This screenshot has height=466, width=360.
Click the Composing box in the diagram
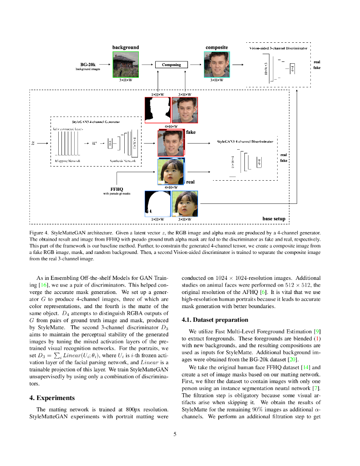(x=171, y=65)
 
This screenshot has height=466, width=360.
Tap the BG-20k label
(x=87, y=65)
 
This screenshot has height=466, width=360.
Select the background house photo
(x=126, y=64)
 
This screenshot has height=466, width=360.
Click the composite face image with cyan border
(x=217, y=64)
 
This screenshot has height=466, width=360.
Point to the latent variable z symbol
(x=32, y=143)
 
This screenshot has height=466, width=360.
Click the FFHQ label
(x=117, y=189)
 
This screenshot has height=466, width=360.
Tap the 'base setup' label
(x=274, y=219)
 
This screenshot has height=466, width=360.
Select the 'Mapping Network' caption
(x=67, y=161)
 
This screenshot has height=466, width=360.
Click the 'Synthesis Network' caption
(x=122, y=161)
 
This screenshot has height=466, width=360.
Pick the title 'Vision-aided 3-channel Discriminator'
(x=279, y=48)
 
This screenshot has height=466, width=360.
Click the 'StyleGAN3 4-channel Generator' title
(x=96, y=122)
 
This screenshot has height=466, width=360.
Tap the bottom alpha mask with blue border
(x=157, y=203)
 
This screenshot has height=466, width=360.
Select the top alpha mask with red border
(x=157, y=111)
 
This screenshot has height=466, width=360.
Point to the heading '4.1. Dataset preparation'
(x=215, y=319)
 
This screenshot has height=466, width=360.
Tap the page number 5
(x=175, y=434)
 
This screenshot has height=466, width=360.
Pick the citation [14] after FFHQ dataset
(x=304, y=367)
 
